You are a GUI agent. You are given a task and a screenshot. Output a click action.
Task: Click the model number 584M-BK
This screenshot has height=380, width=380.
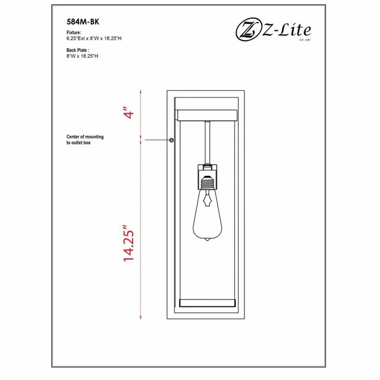[x=83, y=22]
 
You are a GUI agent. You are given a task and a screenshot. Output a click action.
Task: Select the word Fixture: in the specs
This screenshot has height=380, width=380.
[x=74, y=33]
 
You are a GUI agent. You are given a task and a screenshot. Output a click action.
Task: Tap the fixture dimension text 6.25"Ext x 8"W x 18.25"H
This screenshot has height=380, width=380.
[x=94, y=38]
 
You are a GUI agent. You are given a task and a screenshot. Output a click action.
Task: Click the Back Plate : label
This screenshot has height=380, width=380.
[x=78, y=50]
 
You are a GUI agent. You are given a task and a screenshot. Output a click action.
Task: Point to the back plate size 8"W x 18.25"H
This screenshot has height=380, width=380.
[x=82, y=56]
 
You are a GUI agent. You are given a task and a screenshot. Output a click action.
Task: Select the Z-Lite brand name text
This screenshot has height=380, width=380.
[x=287, y=30]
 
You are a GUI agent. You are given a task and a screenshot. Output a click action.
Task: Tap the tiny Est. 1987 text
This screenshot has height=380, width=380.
[x=305, y=39]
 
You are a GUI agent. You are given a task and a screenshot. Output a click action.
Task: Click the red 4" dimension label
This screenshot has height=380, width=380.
[x=128, y=112]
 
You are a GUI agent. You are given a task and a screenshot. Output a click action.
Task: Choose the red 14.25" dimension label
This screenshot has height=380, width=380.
[x=128, y=243]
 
